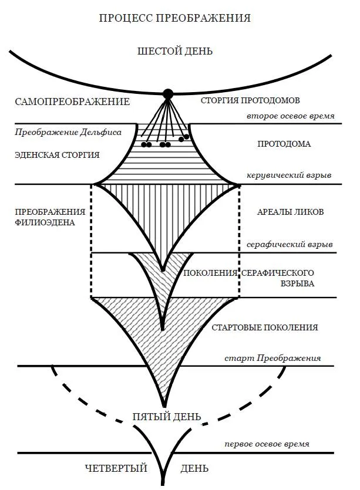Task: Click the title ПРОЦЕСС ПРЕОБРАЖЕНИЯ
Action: (x=176, y=18)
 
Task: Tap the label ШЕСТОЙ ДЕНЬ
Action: (x=175, y=51)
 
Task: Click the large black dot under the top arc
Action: (x=169, y=93)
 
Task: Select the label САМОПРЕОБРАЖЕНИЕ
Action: (x=72, y=102)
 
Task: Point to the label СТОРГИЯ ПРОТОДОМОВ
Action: (x=250, y=100)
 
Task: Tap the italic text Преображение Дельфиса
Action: (x=69, y=132)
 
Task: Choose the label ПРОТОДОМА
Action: (x=284, y=144)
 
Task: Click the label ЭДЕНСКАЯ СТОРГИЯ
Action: (x=58, y=155)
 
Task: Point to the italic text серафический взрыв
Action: (x=290, y=244)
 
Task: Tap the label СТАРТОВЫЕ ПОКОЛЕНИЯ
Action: (x=265, y=327)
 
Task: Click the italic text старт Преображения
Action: (x=272, y=358)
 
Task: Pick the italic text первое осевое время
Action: (x=267, y=444)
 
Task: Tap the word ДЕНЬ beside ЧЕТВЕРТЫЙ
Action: (x=194, y=468)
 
